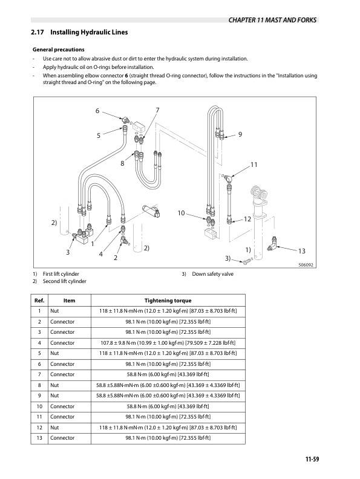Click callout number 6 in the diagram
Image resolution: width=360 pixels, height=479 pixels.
tap(97, 111)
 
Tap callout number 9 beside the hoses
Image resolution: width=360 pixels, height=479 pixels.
tap(240, 134)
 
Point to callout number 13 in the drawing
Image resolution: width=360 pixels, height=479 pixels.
tap(302, 251)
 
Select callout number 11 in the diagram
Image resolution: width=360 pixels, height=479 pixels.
tap(254, 165)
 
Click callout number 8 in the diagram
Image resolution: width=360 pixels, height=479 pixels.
tap(122, 163)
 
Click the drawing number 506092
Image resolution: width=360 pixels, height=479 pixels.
tap(306, 265)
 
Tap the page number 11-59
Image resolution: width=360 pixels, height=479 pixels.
tap(312, 459)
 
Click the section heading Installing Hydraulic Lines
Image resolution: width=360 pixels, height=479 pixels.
tap(89, 32)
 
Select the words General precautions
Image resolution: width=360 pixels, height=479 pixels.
tap(58, 50)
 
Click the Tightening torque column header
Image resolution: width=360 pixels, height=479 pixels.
tap(168, 301)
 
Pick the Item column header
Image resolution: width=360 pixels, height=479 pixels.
tap(69, 301)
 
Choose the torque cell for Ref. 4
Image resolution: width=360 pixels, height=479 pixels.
tap(168, 343)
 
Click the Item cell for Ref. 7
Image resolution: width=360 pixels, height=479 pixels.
tap(62, 374)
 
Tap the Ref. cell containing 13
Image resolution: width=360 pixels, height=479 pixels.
tap(39, 438)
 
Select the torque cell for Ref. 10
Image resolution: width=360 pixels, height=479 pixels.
tap(168, 406)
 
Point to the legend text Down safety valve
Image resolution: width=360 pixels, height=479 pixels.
tap(213, 274)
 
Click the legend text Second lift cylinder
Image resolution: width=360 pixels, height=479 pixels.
tap(65, 281)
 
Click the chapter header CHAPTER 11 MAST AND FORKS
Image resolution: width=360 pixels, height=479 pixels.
tap(272, 20)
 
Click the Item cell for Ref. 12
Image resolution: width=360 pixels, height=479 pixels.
tap(54, 428)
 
